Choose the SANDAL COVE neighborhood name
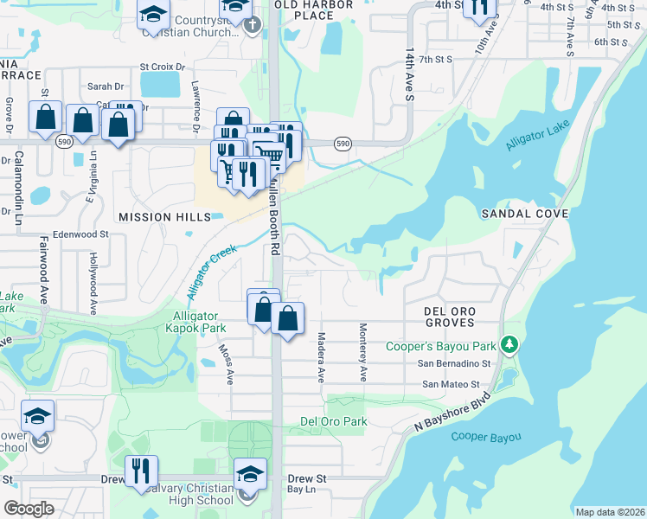[524, 213]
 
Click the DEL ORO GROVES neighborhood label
[449, 316]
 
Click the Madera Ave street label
[320, 357]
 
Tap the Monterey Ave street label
[363, 352]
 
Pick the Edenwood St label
[80, 234]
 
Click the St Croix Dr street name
[163, 67]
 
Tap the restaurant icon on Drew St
[140, 471]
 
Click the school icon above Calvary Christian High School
[250, 474]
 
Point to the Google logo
[29, 509]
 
